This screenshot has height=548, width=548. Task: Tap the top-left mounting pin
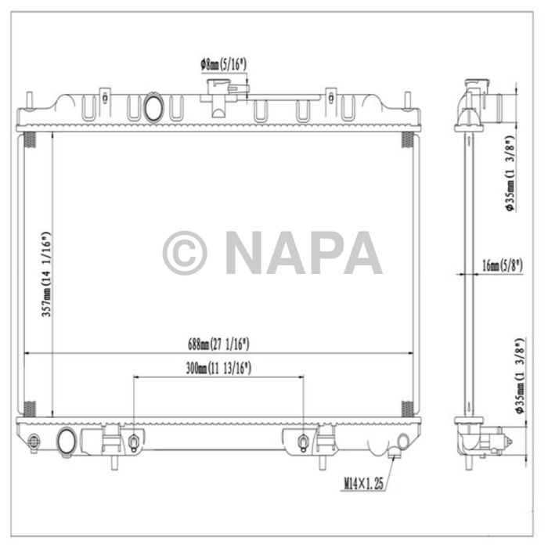[x=30, y=100]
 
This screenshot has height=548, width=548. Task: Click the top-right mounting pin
[x=406, y=100]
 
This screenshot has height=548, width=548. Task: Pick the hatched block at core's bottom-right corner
[x=407, y=408]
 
